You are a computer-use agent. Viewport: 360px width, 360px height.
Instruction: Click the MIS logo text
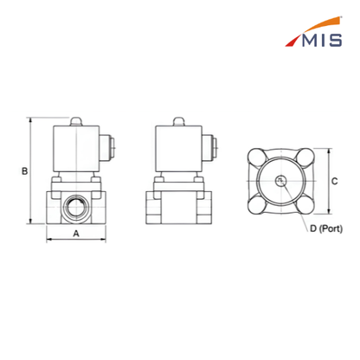point(322,40)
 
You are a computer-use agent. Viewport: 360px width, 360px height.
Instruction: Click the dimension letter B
point(25,171)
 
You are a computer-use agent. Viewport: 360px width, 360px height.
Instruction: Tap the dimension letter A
point(76,233)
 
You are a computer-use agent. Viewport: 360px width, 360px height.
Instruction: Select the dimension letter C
point(335,181)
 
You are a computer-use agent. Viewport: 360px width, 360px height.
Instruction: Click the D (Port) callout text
point(326,228)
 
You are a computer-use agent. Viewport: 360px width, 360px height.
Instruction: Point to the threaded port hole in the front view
point(76,207)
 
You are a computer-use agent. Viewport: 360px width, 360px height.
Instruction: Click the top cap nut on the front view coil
point(76,121)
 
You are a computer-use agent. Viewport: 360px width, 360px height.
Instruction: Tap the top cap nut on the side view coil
point(178,121)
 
